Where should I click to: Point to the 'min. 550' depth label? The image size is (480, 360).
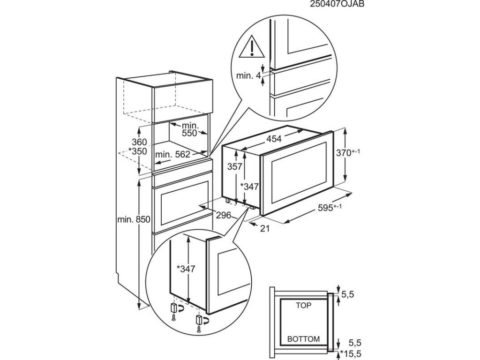coord(190,130)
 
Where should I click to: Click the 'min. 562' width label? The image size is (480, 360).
coord(172,154)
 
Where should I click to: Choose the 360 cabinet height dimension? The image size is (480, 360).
coord(139,142)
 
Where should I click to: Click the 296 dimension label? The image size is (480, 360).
coord(224,216)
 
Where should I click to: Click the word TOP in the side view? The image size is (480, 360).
coord(304,305)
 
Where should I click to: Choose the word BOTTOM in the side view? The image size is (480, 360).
coord(304,338)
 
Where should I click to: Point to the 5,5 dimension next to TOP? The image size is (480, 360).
coord(347,295)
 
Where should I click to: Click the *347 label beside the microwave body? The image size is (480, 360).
coord(249,187)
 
